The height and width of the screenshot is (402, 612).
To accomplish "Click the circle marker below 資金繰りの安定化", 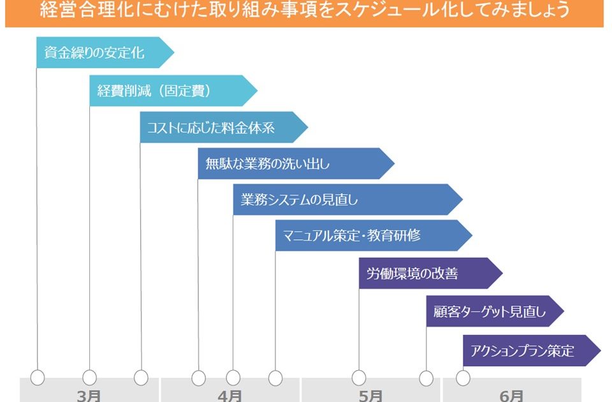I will pyautogui.click(x=38, y=378).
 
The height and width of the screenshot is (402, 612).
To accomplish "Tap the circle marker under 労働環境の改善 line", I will pyautogui.click(x=359, y=378).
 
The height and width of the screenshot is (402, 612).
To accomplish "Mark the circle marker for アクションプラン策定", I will pyautogui.click(x=463, y=378).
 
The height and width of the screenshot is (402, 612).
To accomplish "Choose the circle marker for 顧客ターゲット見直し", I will pyautogui.click(x=426, y=378).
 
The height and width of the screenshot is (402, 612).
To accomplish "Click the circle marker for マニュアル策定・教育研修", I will pyautogui.click(x=275, y=378).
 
